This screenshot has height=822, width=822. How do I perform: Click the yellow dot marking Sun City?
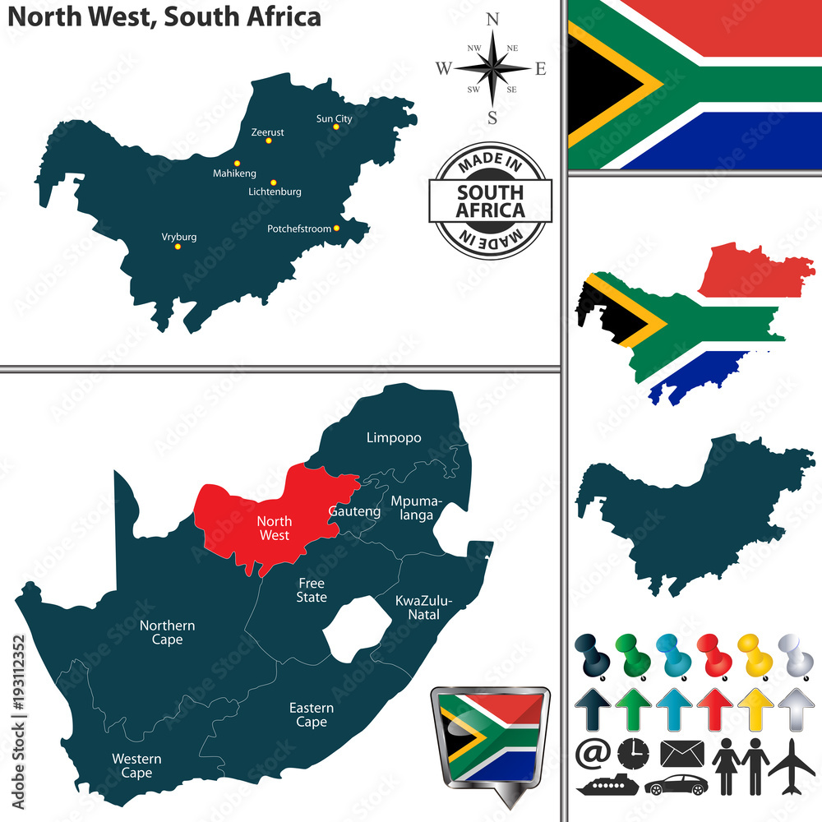(x=336, y=127)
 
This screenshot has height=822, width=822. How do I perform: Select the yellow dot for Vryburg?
(x=178, y=246)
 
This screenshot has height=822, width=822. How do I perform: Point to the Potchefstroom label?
(x=298, y=229)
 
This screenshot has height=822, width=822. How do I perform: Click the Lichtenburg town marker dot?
(x=274, y=182)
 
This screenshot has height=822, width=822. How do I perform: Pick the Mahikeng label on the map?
(x=234, y=173)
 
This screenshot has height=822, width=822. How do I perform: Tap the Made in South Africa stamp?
(x=491, y=201)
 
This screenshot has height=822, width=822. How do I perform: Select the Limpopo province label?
(x=393, y=437)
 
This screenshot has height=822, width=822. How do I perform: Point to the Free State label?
(x=312, y=590)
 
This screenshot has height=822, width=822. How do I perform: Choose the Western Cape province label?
(x=136, y=765)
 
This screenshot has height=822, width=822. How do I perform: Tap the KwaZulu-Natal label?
(x=418, y=607)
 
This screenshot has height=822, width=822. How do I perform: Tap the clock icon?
(x=632, y=753)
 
